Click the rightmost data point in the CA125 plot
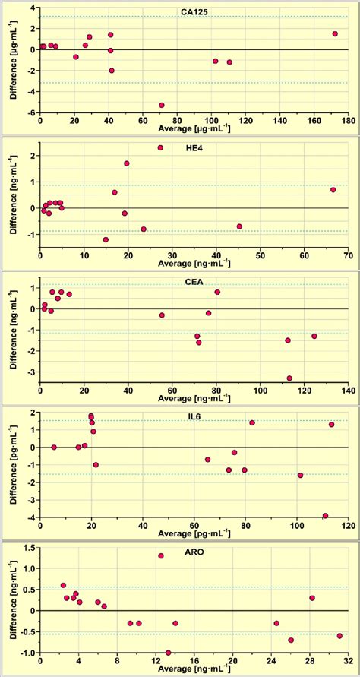[x=335, y=33]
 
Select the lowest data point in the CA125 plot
[x=162, y=105]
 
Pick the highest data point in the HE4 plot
[x=160, y=147]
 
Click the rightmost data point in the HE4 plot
[x=333, y=190]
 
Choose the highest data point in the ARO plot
[x=161, y=555]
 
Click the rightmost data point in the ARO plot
[x=339, y=636]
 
